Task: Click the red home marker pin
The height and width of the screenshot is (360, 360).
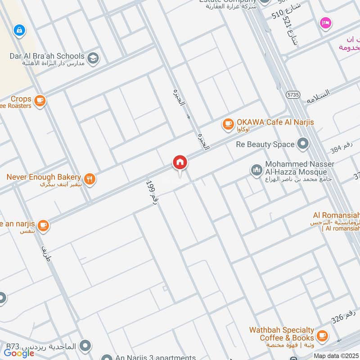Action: tap(180, 163)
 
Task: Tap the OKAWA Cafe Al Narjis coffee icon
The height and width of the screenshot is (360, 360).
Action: tap(228, 123)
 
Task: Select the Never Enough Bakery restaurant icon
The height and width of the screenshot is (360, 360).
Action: tap(90, 179)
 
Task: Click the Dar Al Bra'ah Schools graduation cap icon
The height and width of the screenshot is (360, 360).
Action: tap(93, 58)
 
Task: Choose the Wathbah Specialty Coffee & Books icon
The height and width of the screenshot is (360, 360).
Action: tap(322, 335)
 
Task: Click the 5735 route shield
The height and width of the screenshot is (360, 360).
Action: tap(292, 94)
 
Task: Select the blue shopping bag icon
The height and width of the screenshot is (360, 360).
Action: tap(18, 30)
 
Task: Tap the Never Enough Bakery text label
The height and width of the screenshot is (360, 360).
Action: tap(44, 177)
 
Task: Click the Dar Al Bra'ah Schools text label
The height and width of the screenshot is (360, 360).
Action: tap(47, 56)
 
